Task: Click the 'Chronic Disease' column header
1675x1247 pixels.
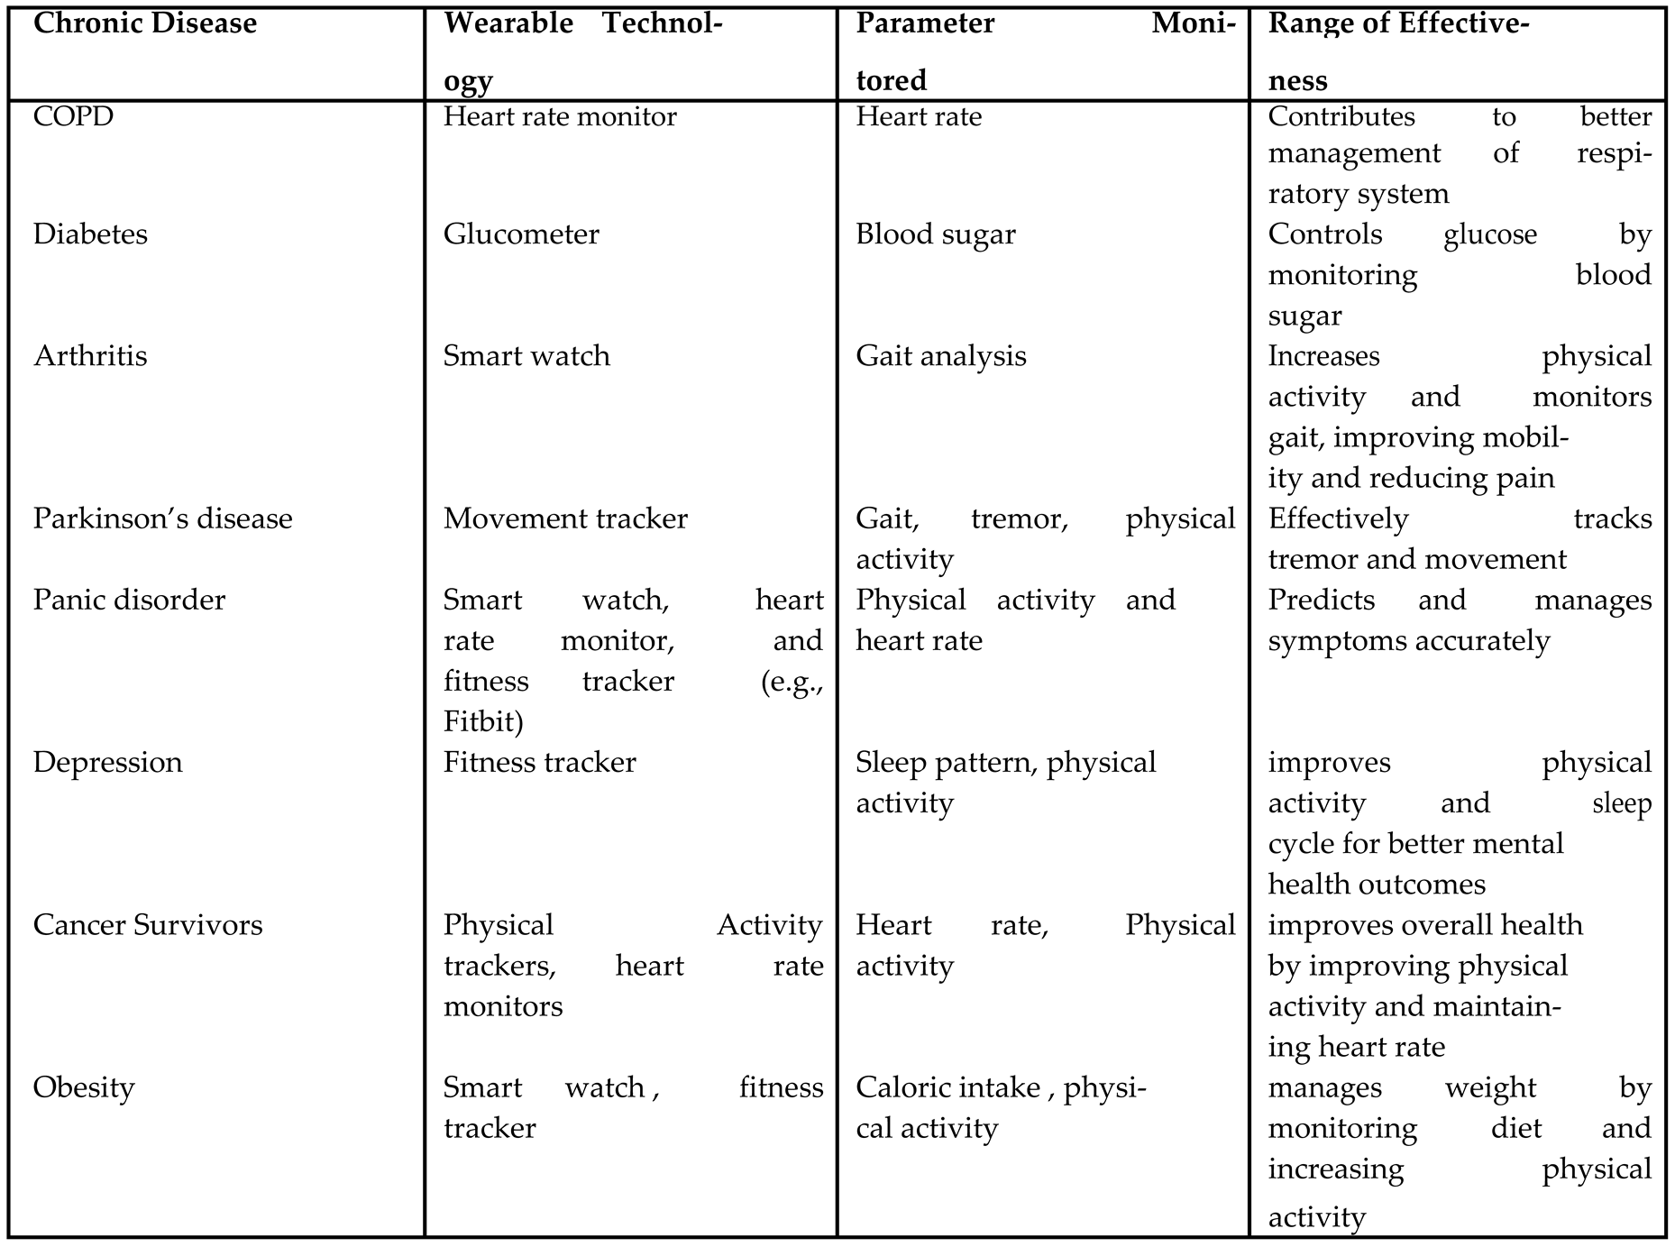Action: [145, 23]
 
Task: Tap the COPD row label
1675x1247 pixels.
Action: [74, 117]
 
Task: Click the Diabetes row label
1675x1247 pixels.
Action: [90, 234]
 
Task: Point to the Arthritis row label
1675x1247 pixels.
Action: [90, 356]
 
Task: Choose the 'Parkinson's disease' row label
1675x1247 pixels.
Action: [163, 519]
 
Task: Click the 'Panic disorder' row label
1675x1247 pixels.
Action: [129, 601]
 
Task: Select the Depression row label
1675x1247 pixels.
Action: [107, 763]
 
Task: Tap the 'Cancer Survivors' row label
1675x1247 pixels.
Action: [148, 925]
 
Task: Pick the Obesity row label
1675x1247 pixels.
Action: [84, 1087]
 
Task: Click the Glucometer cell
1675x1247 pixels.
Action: [521, 234]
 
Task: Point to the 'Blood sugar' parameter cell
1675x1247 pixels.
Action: [936, 234]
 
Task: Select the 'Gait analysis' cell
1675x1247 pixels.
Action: [941, 356]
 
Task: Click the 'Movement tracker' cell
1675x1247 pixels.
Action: [565, 519]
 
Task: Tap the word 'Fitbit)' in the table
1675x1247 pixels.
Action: [484, 722]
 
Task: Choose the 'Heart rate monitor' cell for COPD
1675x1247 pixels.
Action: [560, 117]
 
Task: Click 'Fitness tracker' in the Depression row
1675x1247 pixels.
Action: [539, 763]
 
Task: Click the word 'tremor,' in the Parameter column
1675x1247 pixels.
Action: [1020, 519]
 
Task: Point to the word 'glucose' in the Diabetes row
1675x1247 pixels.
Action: [1490, 234]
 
